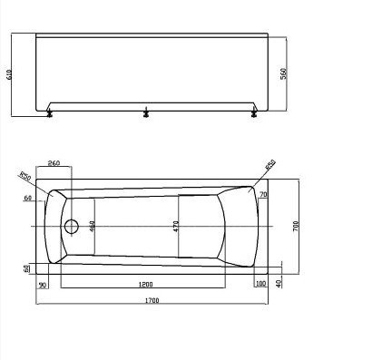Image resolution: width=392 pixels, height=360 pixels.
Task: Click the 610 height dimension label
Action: click(x=10, y=76)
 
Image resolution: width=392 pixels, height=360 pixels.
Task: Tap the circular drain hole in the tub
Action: click(x=72, y=226)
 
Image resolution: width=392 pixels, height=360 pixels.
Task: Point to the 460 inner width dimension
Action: click(x=93, y=226)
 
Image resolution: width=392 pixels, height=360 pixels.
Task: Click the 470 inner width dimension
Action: click(x=176, y=227)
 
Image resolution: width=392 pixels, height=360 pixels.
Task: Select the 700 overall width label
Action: click(x=296, y=226)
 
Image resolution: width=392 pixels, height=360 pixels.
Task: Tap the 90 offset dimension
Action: click(x=43, y=285)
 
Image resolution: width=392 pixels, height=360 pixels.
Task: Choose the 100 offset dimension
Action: click(x=261, y=285)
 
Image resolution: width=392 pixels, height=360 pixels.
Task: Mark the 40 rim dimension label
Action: click(x=279, y=283)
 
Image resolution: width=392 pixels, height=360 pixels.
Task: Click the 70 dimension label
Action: click(x=263, y=195)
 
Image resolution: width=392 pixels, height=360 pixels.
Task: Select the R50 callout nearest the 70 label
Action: click(x=269, y=166)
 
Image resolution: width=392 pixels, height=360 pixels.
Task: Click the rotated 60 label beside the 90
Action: click(x=26, y=268)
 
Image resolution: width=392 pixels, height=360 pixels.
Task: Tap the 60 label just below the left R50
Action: click(x=28, y=198)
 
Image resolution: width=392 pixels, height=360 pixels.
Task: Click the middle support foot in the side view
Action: click(x=146, y=113)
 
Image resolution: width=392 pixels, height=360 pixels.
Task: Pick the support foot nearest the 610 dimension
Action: click(x=48, y=113)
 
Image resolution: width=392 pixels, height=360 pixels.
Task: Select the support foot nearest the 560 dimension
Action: click(x=255, y=113)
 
